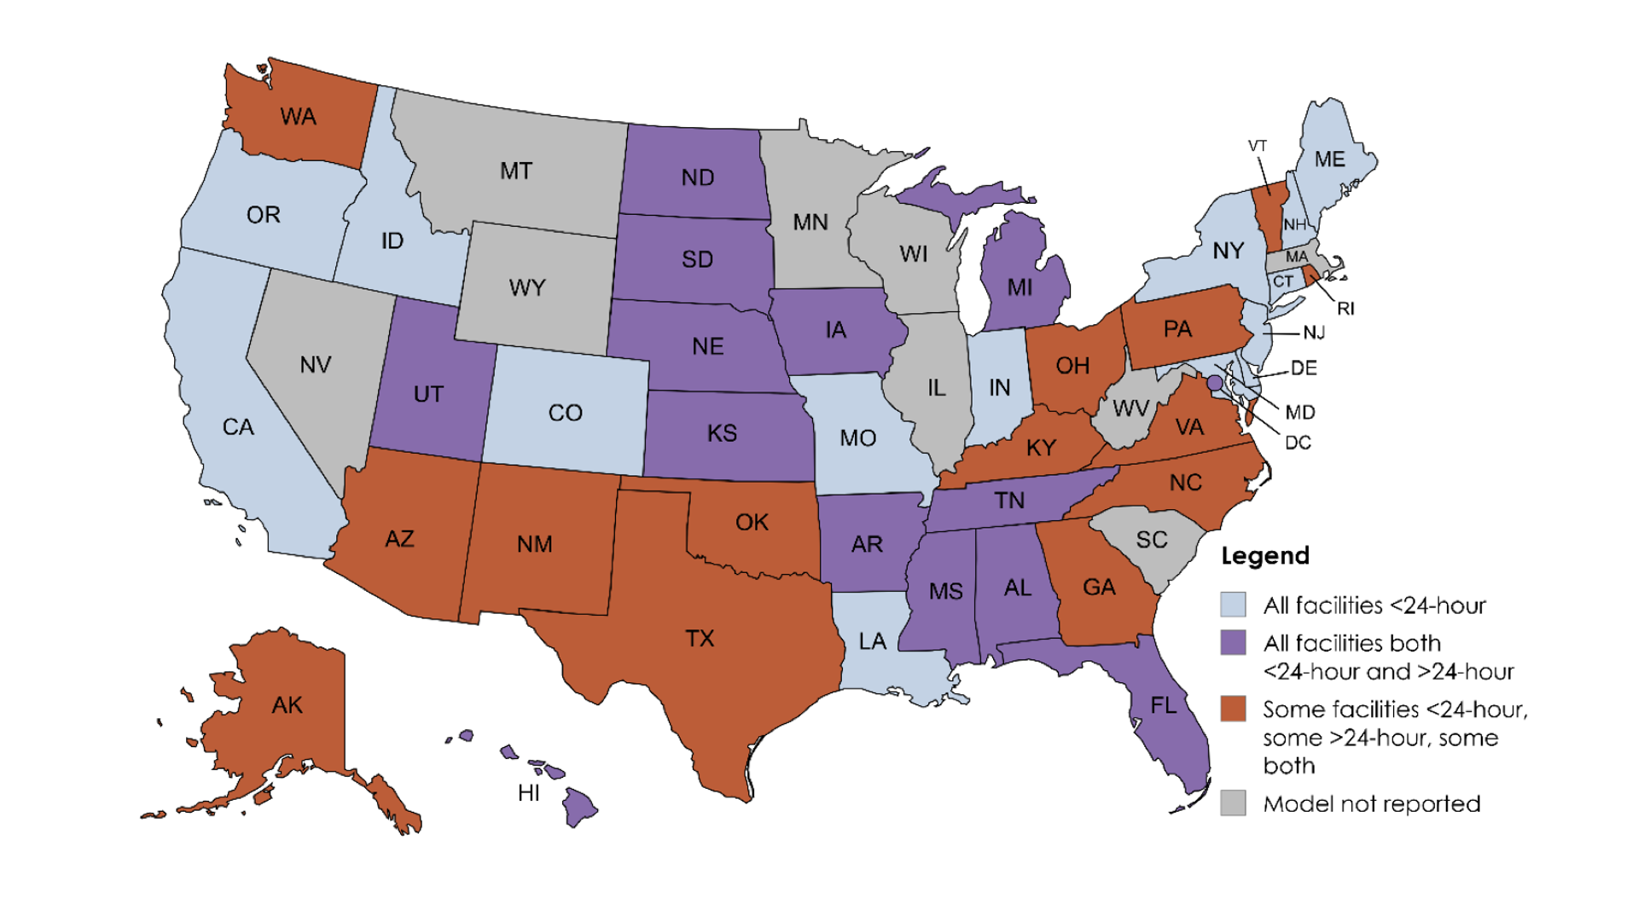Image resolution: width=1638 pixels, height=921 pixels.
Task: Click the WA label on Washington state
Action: [x=298, y=117]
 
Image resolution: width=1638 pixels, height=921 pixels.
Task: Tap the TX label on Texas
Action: [x=700, y=638]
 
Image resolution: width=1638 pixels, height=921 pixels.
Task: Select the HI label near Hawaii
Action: [x=529, y=793]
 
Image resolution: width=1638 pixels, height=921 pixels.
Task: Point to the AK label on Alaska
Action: [x=287, y=705]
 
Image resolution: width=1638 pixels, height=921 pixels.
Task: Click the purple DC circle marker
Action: [x=1215, y=384]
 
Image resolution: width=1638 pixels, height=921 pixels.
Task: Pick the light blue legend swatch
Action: [x=1233, y=605]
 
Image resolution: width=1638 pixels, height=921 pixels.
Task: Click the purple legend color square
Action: [x=1233, y=642]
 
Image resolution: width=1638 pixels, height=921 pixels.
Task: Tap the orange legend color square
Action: [x=1233, y=709]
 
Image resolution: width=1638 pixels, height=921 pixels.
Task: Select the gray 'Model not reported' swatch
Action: [x=1233, y=802]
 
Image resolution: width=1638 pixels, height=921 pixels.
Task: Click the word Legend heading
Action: [x=1264, y=556]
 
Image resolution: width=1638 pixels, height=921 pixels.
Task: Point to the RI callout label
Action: [x=1345, y=309]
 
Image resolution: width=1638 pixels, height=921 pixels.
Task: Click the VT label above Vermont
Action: [x=1258, y=146]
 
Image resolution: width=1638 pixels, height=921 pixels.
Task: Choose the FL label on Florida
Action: [x=1163, y=705]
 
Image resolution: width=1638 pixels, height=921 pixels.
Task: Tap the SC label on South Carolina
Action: [x=1151, y=540]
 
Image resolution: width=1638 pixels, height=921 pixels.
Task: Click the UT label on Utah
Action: [x=428, y=394]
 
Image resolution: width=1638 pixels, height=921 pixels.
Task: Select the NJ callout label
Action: [x=1314, y=333]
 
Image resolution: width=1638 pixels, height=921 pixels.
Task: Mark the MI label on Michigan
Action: [x=1019, y=287]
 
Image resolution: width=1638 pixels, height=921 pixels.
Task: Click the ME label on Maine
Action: [x=1329, y=159]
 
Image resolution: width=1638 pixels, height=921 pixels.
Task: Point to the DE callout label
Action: [x=1304, y=368]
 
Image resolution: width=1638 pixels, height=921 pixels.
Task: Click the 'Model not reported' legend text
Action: [x=1371, y=803]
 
